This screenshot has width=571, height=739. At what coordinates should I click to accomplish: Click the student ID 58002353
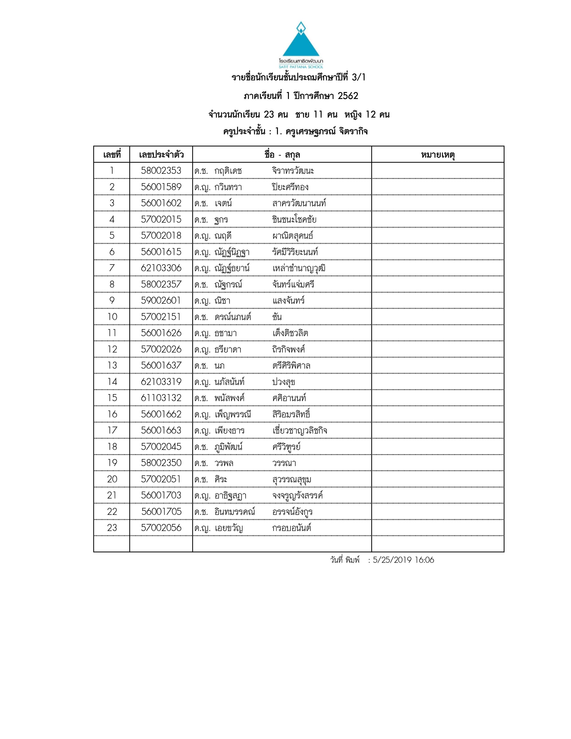161,171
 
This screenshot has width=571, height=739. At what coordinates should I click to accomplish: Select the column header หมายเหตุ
438,155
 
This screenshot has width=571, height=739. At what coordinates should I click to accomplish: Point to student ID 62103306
161,268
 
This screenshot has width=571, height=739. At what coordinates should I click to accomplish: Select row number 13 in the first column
112,365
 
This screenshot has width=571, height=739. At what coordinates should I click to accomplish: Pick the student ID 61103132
161,398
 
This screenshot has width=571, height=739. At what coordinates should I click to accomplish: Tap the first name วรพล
224,463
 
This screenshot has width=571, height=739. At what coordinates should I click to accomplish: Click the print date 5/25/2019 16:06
403,560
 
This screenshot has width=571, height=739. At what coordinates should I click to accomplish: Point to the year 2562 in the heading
348,96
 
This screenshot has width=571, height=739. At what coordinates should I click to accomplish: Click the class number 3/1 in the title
358,77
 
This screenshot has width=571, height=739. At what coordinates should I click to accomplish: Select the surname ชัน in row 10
277,317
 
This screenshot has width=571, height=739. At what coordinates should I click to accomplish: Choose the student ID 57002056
161,528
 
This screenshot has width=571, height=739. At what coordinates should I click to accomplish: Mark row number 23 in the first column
112,528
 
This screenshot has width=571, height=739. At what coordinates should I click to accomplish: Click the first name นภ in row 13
219,365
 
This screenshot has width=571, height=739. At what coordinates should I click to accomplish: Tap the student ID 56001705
161,512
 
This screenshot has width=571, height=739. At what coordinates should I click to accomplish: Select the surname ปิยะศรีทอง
290,187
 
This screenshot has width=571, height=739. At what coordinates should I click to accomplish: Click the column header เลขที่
112,155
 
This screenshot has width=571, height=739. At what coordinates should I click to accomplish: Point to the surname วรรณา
284,463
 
